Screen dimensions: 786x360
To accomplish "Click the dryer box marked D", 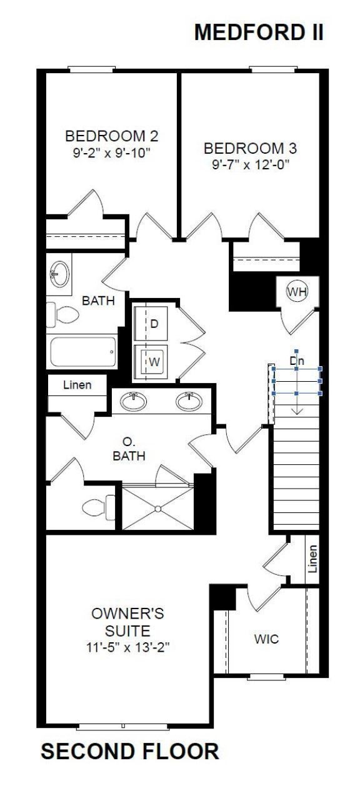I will (x=154, y=324).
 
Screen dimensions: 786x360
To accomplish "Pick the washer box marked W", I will (x=154, y=361).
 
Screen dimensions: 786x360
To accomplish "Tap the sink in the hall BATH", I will (x=60, y=272).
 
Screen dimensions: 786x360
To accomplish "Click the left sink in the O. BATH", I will (x=134, y=402).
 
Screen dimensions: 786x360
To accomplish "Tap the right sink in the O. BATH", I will (x=189, y=402).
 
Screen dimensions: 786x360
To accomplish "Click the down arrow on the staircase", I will (x=297, y=403).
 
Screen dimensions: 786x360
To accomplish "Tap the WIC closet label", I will (x=266, y=639).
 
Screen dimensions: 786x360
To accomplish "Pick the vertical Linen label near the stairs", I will (x=312, y=559).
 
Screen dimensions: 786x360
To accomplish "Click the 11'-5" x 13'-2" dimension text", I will (x=129, y=647).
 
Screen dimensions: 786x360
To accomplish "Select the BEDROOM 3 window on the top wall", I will (x=272, y=69).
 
